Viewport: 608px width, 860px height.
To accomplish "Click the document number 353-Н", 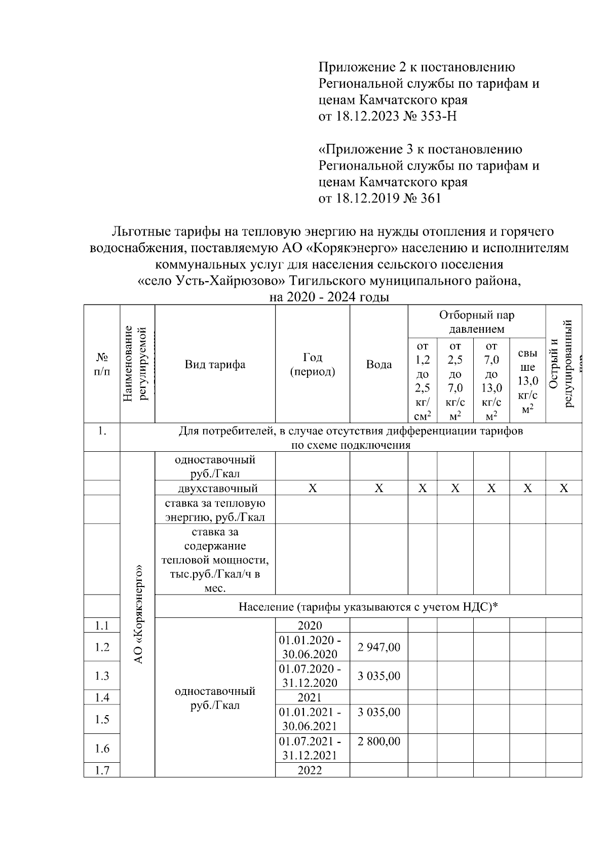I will coord(439,116).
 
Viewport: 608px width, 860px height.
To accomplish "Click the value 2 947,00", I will coord(378,647).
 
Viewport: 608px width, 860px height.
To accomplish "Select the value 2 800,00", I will coord(378,741).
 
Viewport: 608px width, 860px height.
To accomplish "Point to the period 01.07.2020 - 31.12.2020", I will coord(312,675).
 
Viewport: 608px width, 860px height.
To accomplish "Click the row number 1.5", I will coord(102,719).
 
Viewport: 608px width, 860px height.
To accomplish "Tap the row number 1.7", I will coord(102,770).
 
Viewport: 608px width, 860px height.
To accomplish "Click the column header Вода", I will coord(378,364).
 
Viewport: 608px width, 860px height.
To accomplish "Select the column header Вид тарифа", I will coord(215,364).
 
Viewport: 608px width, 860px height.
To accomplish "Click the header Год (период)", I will coord(312,364).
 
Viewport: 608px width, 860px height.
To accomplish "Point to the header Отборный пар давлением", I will coord(476,322).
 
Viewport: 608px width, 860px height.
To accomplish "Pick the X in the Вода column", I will coord(378,488).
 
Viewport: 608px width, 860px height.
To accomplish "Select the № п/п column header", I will coord(102,364).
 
